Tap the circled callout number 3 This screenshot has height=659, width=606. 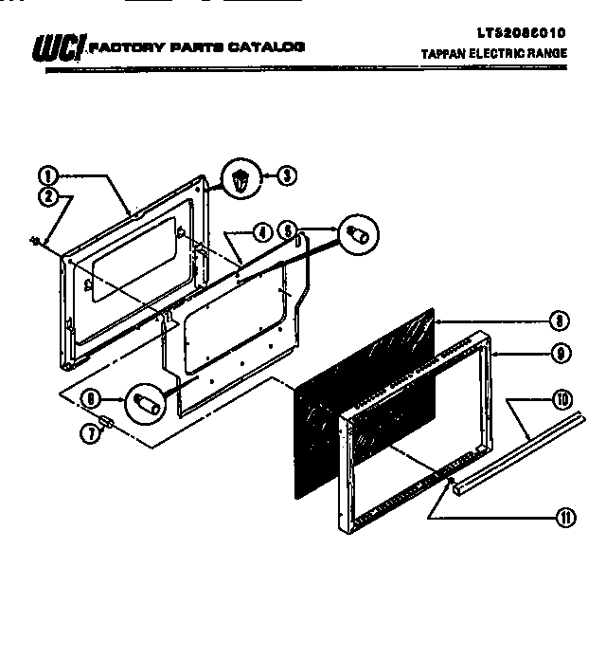point(285,175)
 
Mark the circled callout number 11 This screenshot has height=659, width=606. point(565,517)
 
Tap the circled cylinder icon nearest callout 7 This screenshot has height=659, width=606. point(146,402)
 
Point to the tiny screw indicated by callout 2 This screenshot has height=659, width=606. point(35,243)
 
